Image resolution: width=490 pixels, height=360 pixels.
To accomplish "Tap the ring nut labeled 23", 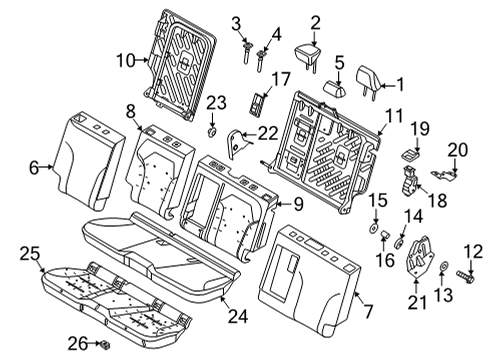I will (213, 130).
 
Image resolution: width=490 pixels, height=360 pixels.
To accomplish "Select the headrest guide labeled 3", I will (244, 50).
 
